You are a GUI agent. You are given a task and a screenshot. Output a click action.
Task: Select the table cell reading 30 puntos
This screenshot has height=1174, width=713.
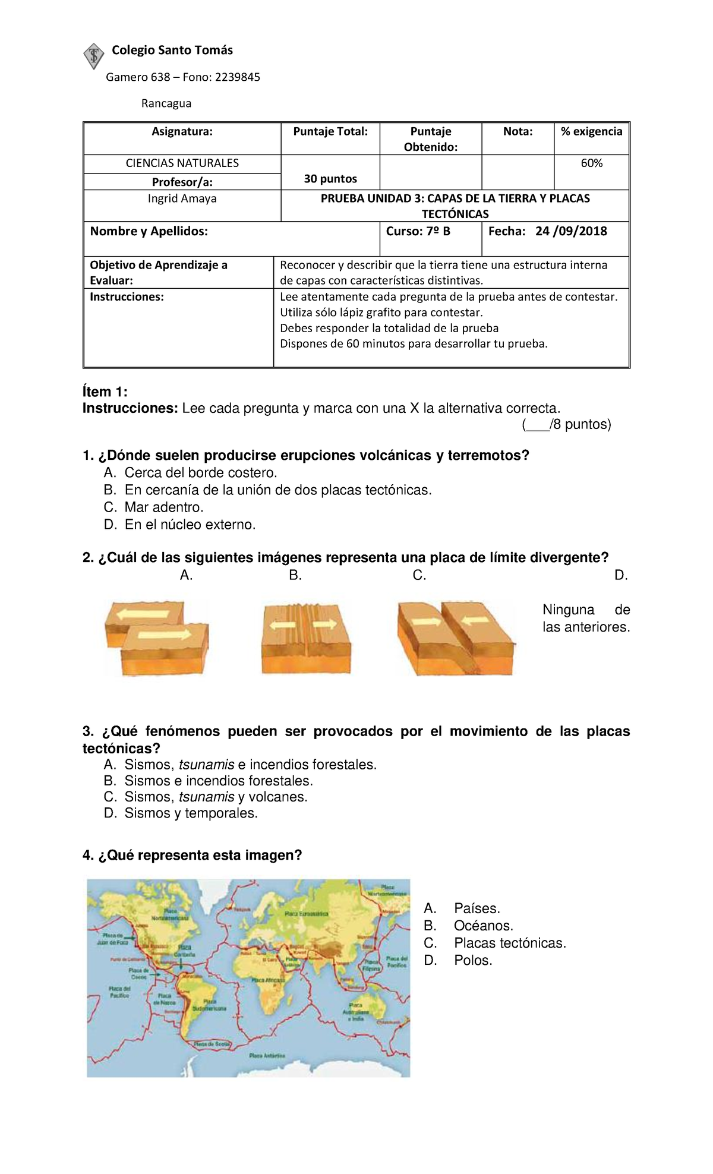[x=330, y=178]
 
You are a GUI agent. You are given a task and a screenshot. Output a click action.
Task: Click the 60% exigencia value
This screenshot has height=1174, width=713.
[x=591, y=163]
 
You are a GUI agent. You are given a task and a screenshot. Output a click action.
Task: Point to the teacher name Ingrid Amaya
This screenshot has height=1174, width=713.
[x=182, y=198]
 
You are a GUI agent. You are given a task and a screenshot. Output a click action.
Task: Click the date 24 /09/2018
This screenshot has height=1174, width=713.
[x=570, y=231]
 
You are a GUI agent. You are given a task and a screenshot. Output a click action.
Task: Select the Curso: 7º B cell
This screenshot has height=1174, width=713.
[x=418, y=231]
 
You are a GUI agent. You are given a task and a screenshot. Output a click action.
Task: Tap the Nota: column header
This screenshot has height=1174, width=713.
[x=518, y=131]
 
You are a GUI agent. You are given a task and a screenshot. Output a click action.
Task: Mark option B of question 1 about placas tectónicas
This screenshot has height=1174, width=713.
[x=277, y=490]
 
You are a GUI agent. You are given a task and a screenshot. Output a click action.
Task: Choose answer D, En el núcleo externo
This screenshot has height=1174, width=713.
[x=190, y=525]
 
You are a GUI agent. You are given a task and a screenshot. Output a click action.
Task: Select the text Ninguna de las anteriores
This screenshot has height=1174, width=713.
[x=586, y=618]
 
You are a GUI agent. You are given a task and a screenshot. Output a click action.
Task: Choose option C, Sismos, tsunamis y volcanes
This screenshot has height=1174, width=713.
[x=215, y=797]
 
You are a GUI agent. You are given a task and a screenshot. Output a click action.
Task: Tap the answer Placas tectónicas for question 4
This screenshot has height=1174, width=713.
[x=509, y=943]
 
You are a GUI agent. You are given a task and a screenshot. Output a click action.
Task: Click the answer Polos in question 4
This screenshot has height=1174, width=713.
[x=473, y=960]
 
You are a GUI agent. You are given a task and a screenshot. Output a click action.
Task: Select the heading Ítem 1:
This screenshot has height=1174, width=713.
[x=105, y=392]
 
